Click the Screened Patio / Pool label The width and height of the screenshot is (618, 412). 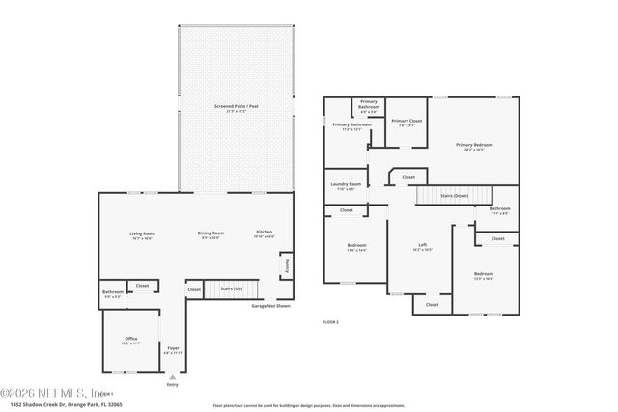click(x=230, y=108)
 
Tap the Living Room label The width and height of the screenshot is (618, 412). click(x=143, y=234)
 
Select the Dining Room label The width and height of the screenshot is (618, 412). click(x=211, y=233)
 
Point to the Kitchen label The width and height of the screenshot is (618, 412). click(x=264, y=233)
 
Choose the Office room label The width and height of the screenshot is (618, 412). click(x=131, y=340)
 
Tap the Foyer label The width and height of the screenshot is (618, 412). click(x=173, y=349)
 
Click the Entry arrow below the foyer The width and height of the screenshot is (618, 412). click(x=173, y=379)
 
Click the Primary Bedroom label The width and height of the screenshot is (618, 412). click(x=474, y=146)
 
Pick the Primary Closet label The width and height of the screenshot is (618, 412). click(x=407, y=123)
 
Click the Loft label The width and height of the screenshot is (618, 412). click(x=422, y=246)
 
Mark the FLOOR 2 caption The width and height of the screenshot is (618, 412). click(x=330, y=321)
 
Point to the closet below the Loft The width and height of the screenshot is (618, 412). click(x=432, y=305)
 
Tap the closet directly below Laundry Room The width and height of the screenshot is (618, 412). click(x=346, y=210)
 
